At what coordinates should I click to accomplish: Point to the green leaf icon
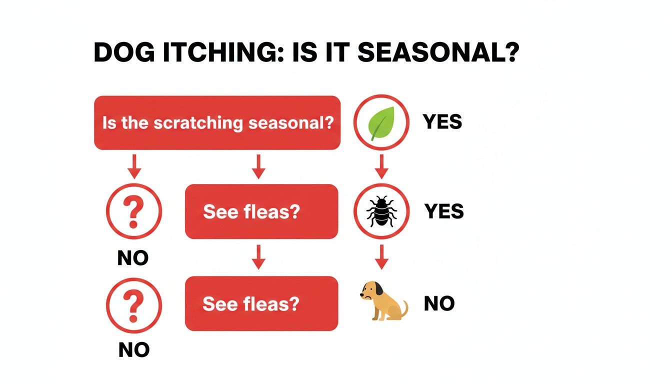(381, 123)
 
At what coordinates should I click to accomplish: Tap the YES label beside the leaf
(442, 121)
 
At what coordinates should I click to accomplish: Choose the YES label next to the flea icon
(444, 211)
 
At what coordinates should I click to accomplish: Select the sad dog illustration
(382, 301)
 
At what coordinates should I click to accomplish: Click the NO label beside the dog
(439, 303)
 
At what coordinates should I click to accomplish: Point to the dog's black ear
(378, 288)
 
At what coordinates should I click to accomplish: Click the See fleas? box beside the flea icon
(261, 211)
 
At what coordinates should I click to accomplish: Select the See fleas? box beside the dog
(261, 303)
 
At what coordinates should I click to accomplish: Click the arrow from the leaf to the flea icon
(381, 166)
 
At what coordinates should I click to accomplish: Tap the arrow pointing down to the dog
(381, 257)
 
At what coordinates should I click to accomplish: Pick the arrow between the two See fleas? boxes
(258, 257)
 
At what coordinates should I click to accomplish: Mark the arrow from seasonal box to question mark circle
(134, 166)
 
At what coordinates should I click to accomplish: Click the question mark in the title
(509, 52)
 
